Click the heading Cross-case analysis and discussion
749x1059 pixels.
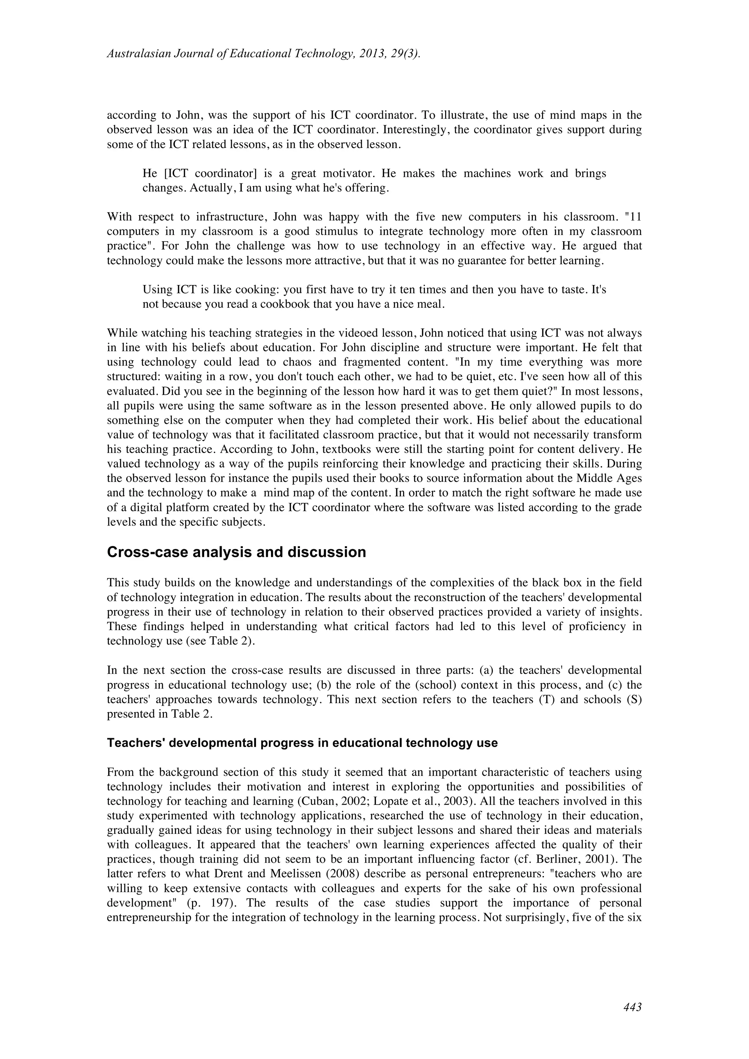236,552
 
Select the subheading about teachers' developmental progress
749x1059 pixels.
302,743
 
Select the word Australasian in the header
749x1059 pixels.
138,54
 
